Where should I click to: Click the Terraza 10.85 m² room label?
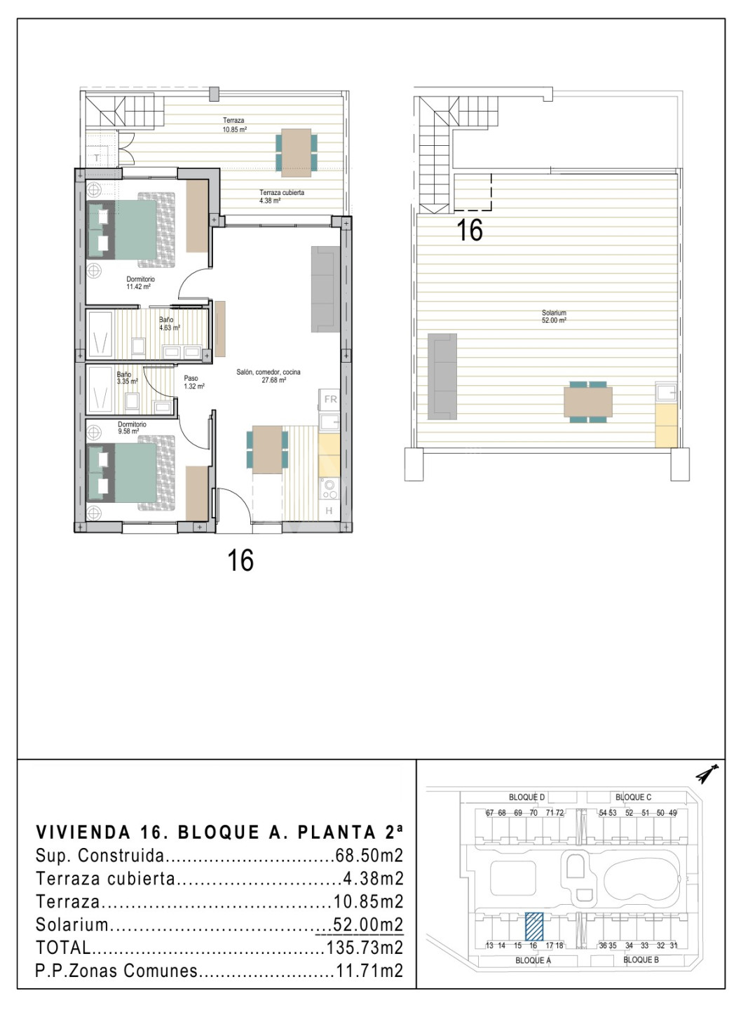234,124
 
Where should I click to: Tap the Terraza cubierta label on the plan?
282,192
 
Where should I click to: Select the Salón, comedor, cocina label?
268,372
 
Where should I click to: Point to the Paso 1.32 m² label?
193,382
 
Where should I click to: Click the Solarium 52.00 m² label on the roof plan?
554,316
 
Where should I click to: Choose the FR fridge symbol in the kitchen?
330,399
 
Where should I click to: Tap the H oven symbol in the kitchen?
329,511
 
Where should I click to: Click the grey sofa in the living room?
325,289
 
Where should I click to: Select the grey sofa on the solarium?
442,377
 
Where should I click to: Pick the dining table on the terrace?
296,153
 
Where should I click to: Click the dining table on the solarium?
587,402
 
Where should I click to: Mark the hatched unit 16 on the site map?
535,925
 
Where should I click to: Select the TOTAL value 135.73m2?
365,948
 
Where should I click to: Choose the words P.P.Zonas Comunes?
117,971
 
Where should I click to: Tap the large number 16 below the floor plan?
240,561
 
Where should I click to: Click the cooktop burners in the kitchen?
329,490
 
